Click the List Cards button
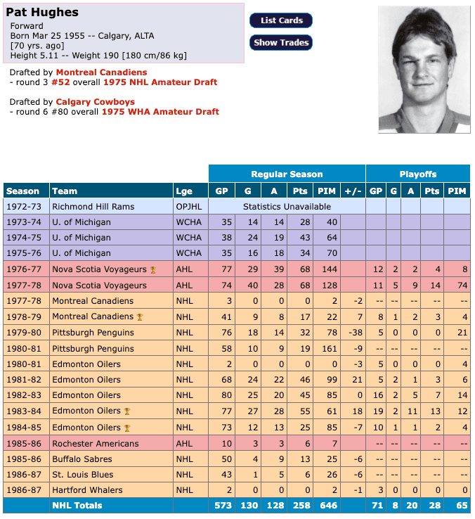281,20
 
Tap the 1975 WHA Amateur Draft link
160,112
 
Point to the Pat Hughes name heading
43,13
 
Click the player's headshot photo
424,69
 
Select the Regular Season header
287,174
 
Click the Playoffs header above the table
417,174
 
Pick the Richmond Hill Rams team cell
93,207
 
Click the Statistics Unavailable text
287,207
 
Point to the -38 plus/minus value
353,333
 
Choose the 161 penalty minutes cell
327,348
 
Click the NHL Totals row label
77,506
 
